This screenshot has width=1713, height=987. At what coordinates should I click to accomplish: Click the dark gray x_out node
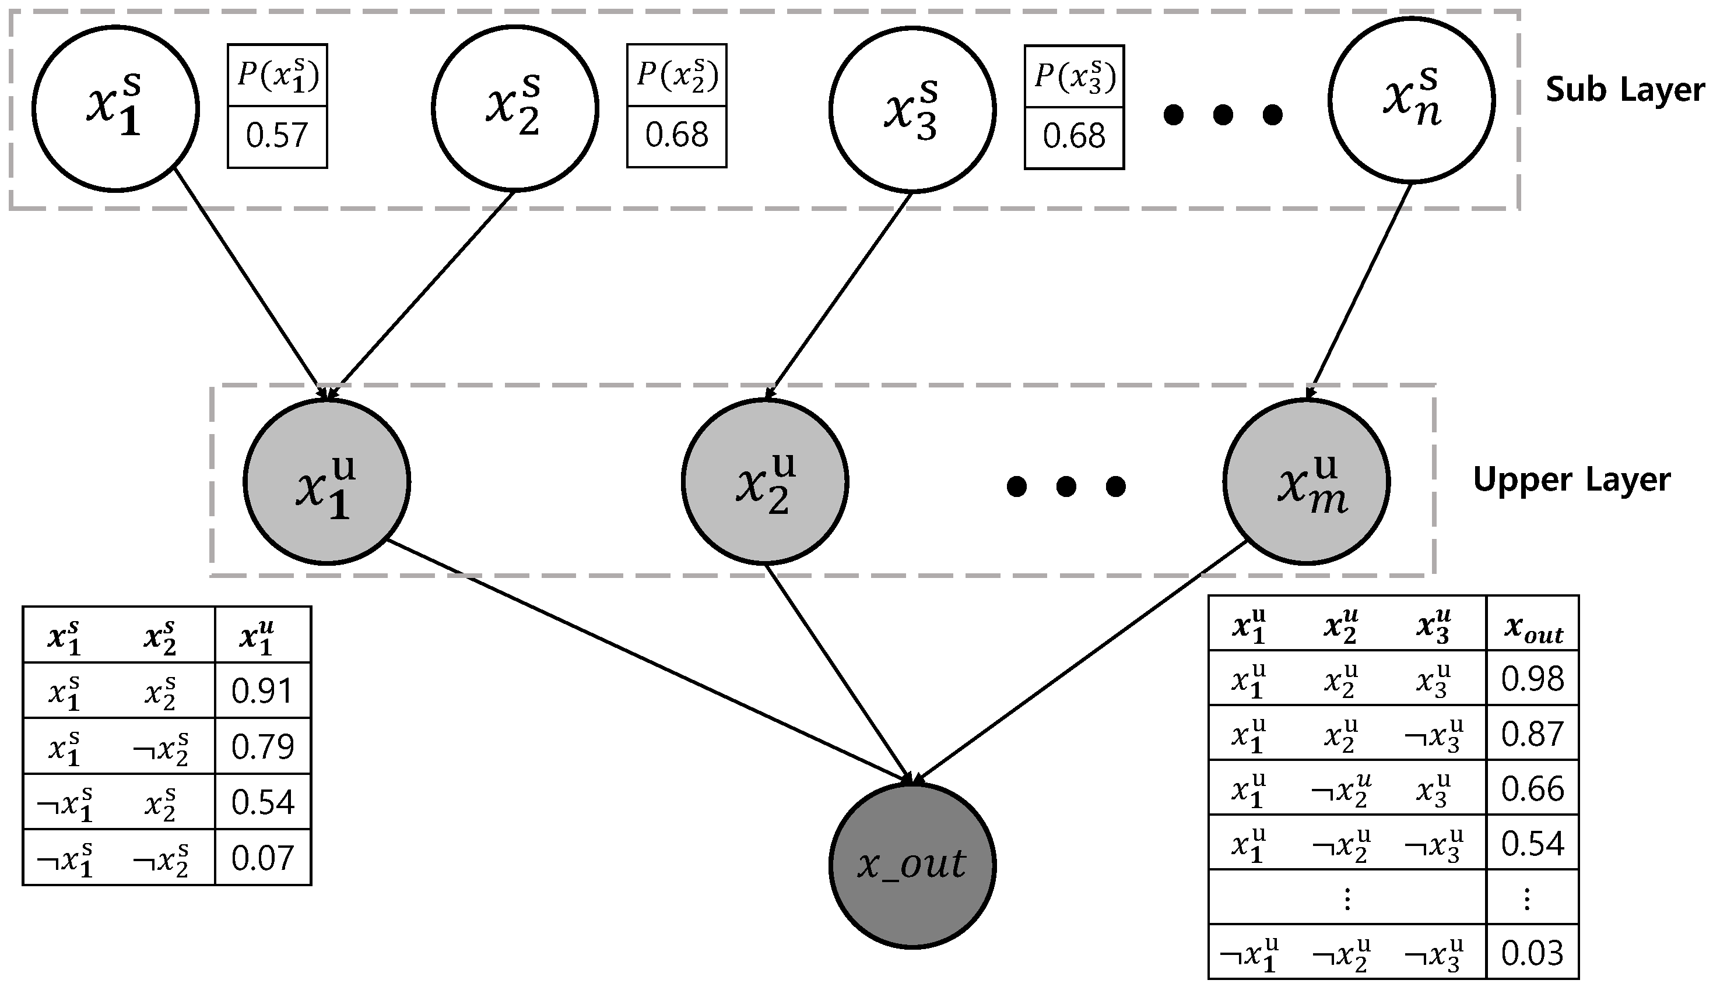[912, 866]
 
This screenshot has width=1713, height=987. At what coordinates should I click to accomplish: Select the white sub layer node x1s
[115, 108]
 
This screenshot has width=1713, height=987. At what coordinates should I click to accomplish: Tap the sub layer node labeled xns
[1411, 100]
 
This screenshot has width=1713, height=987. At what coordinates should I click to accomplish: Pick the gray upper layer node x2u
[764, 481]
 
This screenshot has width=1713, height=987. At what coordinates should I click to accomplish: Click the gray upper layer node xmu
[1306, 481]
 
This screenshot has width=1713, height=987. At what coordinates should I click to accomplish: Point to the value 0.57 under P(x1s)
[277, 136]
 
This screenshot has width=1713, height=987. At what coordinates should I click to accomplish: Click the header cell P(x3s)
[1074, 76]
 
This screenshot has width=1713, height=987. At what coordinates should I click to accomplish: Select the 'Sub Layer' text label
[1625, 90]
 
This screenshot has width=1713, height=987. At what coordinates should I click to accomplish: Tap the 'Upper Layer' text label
[1571, 480]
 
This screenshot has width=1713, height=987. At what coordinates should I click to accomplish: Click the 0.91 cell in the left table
[262, 691]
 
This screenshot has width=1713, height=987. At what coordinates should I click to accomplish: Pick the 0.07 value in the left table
[262, 858]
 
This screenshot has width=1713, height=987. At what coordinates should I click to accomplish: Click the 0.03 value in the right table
[1532, 953]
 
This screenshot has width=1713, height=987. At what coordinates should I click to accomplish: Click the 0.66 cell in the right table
[1532, 789]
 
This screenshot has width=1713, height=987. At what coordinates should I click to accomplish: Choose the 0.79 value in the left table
[262, 747]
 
